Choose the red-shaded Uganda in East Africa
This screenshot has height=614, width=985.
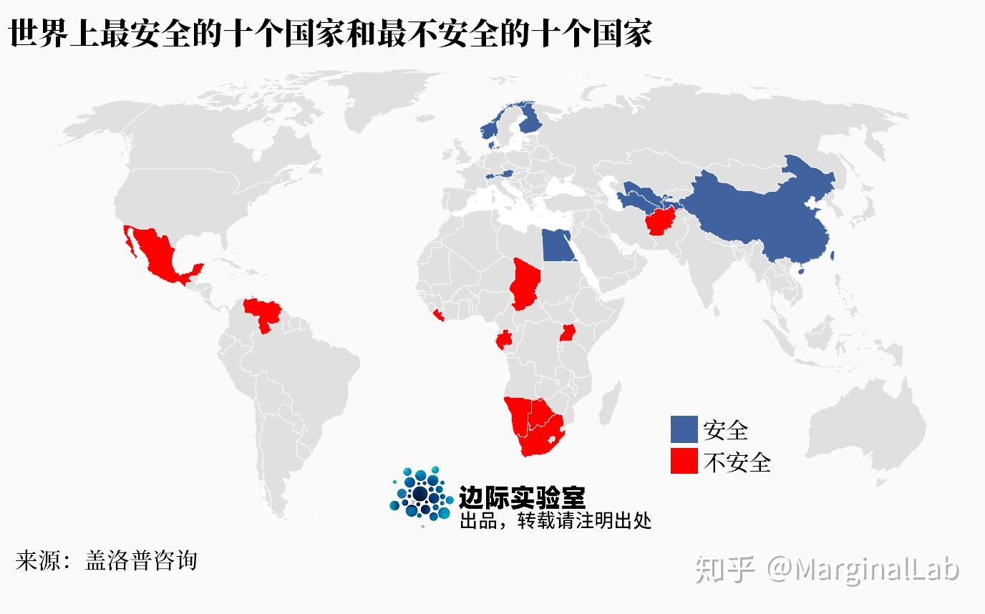pos(569,333)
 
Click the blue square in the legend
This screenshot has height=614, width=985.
pos(684,429)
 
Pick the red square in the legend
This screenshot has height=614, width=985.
pos(684,461)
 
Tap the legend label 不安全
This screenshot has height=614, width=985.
pos(737,462)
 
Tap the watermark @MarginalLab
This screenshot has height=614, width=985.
pos(863,570)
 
